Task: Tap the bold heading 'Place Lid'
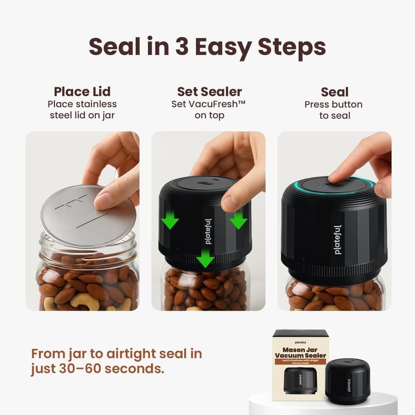point(82,92)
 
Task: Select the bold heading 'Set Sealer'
point(209,92)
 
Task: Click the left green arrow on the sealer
point(170,220)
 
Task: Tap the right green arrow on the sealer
point(239,219)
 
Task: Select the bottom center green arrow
point(205,259)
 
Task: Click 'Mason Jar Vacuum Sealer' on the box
point(300,351)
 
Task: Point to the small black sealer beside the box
point(347,380)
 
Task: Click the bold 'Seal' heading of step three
point(334,92)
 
